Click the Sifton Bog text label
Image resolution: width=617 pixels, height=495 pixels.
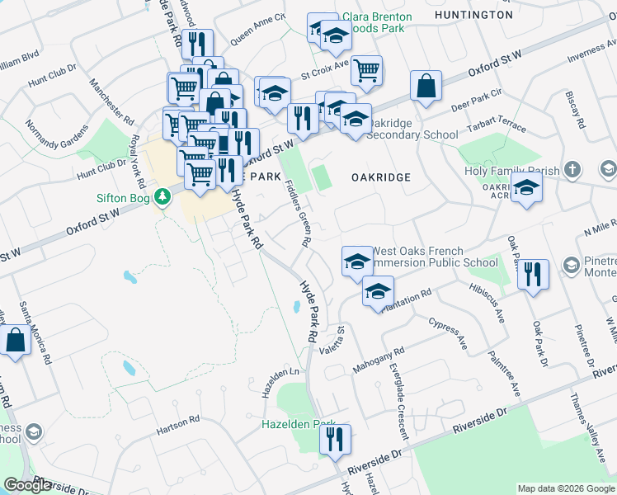pos(125,198)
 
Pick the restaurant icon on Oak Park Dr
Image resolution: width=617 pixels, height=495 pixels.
pos(534,274)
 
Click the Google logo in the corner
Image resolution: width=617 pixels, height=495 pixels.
pos(27,485)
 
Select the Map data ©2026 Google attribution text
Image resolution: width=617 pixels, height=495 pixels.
pos(566,488)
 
